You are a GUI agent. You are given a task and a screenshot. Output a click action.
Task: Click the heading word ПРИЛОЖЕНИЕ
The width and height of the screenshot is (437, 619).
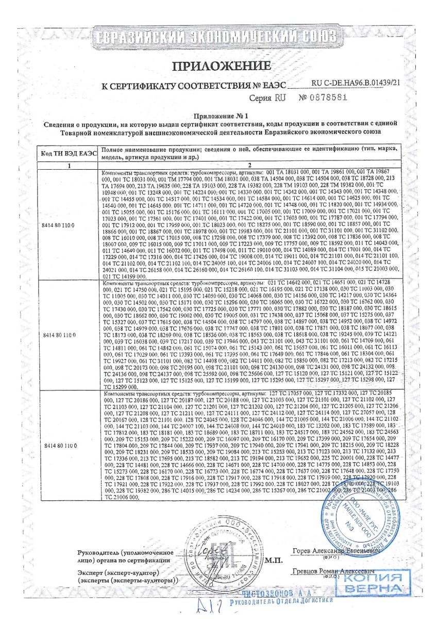pyautogui.click(x=221, y=66)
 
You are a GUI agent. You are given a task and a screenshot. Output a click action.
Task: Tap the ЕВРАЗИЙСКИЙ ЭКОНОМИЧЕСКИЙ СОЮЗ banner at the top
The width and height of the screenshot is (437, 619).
pyautogui.click(x=216, y=37)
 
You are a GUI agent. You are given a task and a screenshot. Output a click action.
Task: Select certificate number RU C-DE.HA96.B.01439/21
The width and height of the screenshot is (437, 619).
pyautogui.click(x=356, y=82)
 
